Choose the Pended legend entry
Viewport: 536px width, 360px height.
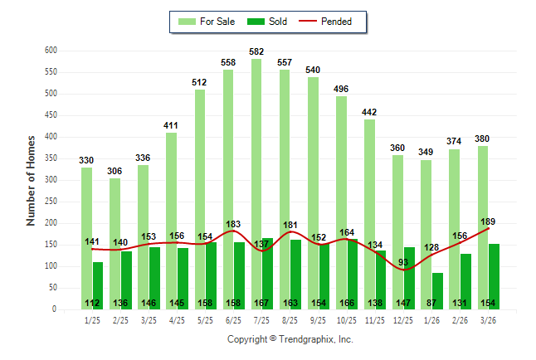click(332, 22)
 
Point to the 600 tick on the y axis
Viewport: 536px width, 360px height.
click(50, 51)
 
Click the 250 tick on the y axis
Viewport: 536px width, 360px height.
click(50, 202)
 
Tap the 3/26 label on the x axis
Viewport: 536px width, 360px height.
click(488, 319)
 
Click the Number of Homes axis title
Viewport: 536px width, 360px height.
click(32, 180)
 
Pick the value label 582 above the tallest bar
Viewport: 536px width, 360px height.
click(256, 52)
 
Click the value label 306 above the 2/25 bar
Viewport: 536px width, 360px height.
click(115, 172)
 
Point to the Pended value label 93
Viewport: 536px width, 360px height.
click(404, 262)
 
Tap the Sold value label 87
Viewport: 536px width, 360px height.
click(431, 304)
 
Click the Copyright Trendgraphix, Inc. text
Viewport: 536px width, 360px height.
click(290, 339)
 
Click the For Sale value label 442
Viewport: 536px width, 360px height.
click(369, 113)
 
